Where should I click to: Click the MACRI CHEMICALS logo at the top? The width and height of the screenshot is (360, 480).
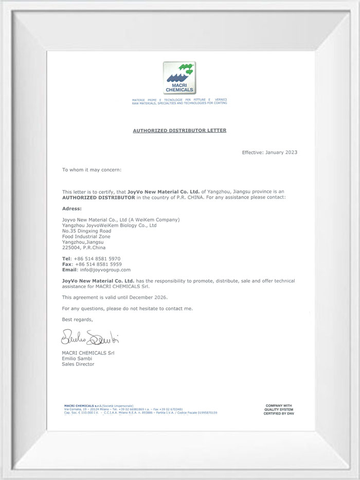pos(179,78)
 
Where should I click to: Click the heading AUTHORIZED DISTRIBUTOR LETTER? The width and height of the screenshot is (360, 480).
pos(179,131)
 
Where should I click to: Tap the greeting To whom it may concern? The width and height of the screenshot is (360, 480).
pos(92,169)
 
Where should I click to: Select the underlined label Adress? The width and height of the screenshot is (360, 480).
pos(71,208)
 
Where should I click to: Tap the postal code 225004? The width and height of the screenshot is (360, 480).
pos(70,247)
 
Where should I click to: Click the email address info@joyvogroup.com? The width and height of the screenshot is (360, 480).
pos(105,270)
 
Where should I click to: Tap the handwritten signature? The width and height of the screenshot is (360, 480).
pos(91,338)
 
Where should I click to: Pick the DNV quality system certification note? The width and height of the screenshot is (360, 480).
pos(278,410)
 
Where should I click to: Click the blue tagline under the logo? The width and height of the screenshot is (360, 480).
pos(179,101)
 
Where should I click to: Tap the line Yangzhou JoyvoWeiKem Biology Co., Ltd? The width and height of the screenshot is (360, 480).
pos(109,225)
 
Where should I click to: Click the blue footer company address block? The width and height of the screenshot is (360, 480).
pos(138,410)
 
